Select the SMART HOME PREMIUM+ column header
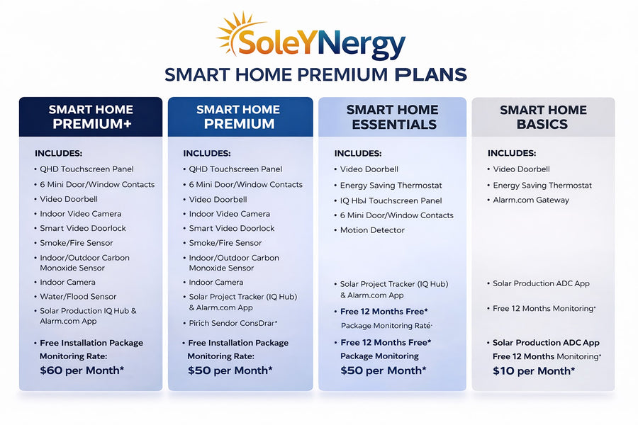(x=91, y=117)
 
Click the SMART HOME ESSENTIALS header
(x=392, y=117)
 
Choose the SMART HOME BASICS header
(x=543, y=117)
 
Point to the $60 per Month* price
(x=82, y=370)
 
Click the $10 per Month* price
(x=534, y=370)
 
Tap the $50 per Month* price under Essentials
(x=384, y=370)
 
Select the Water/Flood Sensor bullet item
(x=78, y=297)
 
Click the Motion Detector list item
(x=372, y=230)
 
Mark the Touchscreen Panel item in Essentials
(x=391, y=200)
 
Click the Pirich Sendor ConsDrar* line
(x=233, y=323)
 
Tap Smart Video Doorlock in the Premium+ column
(x=83, y=228)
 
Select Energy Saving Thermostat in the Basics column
(x=542, y=186)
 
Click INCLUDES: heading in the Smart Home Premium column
(x=206, y=153)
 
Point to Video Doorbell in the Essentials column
(x=369, y=169)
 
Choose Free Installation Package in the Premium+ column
(x=91, y=343)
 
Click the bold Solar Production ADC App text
(x=546, y=343)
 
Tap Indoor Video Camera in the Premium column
(x=229, y=214)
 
